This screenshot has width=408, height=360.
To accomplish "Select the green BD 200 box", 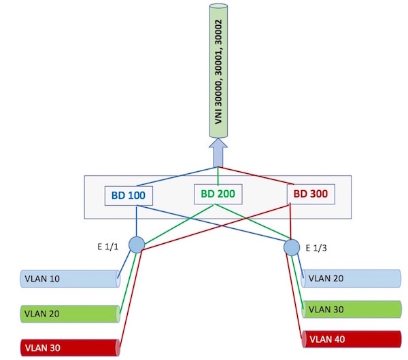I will (x=218, y=194).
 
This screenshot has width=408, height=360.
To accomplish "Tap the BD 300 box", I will (x=310, y=194).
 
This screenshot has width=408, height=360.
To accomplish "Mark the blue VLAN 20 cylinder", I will (x=351, y=278).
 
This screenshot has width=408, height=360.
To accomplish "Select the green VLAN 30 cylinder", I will (x=351, y=309).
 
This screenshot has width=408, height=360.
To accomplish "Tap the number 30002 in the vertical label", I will (x=218, y=27).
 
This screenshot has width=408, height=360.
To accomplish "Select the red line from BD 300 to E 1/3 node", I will (x=292, y=221).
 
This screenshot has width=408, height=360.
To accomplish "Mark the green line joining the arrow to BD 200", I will (x=218, y=175).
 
